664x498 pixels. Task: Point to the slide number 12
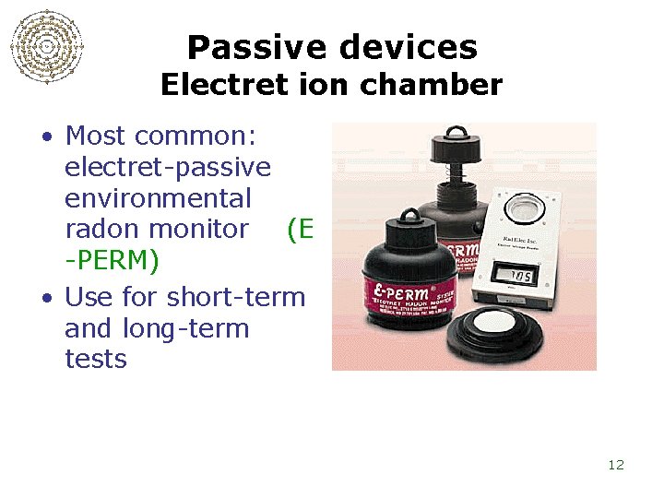tap(616, 465)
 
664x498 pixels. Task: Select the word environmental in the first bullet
tap(158, 198)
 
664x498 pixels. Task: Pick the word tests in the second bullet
tap(96, 358)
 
